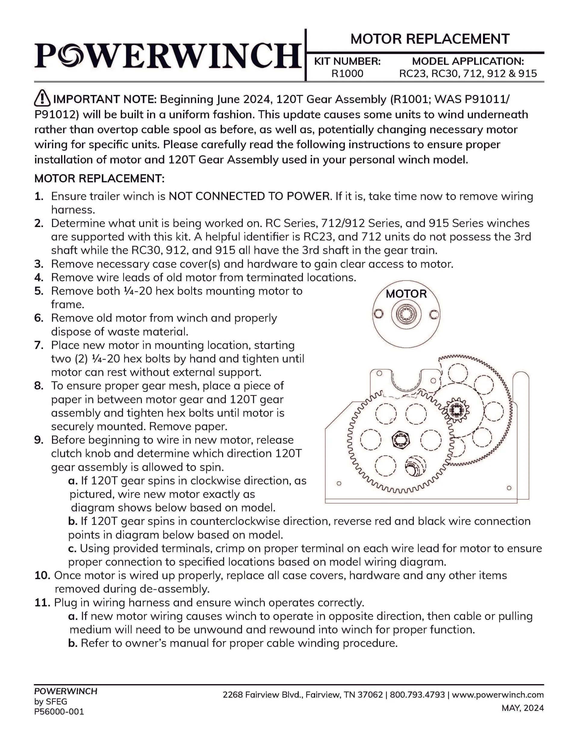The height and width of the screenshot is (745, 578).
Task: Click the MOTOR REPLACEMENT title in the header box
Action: [430, 39]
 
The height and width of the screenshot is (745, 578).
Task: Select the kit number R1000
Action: [347, 74]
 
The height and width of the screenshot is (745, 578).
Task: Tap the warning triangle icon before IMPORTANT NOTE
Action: [42, 98]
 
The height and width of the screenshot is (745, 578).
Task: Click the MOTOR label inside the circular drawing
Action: [406, 294]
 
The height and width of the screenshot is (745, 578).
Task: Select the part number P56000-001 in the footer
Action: [59, 712]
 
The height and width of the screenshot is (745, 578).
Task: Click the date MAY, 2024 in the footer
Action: [522, 708]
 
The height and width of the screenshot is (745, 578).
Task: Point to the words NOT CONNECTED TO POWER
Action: [250, 196]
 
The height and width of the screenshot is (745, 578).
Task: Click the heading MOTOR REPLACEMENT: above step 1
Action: [99, 178]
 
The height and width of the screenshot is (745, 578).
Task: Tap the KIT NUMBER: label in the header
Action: [347, 61]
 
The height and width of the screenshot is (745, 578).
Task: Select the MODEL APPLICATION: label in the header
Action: [468, 61]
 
